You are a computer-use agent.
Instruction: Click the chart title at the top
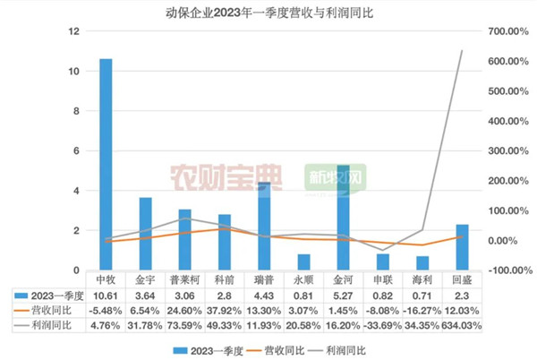click(x=268, y=12)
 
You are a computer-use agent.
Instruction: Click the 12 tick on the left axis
click(x=75, y=31)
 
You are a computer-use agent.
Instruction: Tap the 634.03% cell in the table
click(x=462, y=326)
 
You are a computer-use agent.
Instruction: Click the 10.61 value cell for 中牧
click(x=106, y=295)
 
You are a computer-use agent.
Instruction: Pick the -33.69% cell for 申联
click(x=383, y=326)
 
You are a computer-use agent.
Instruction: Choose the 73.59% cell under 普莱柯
click(x=185, y=326)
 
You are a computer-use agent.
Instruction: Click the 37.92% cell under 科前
click(x=225, y=311)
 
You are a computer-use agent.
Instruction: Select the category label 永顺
click(x=303, y=279)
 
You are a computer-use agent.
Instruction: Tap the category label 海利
click(x=422, y=279)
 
